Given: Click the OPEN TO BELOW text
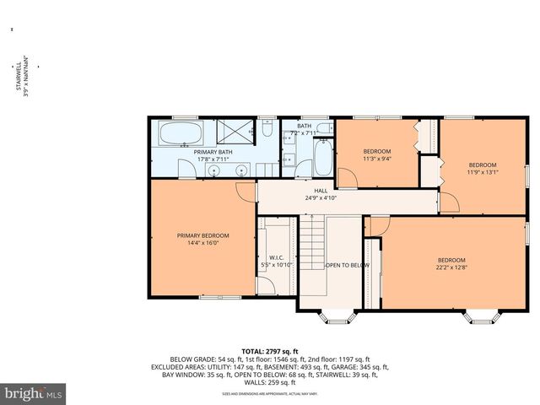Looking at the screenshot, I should [348, 265].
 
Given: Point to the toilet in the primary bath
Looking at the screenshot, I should [266, 131].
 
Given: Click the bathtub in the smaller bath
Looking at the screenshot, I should [323, 159].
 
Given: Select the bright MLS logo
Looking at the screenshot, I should [34, 393].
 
